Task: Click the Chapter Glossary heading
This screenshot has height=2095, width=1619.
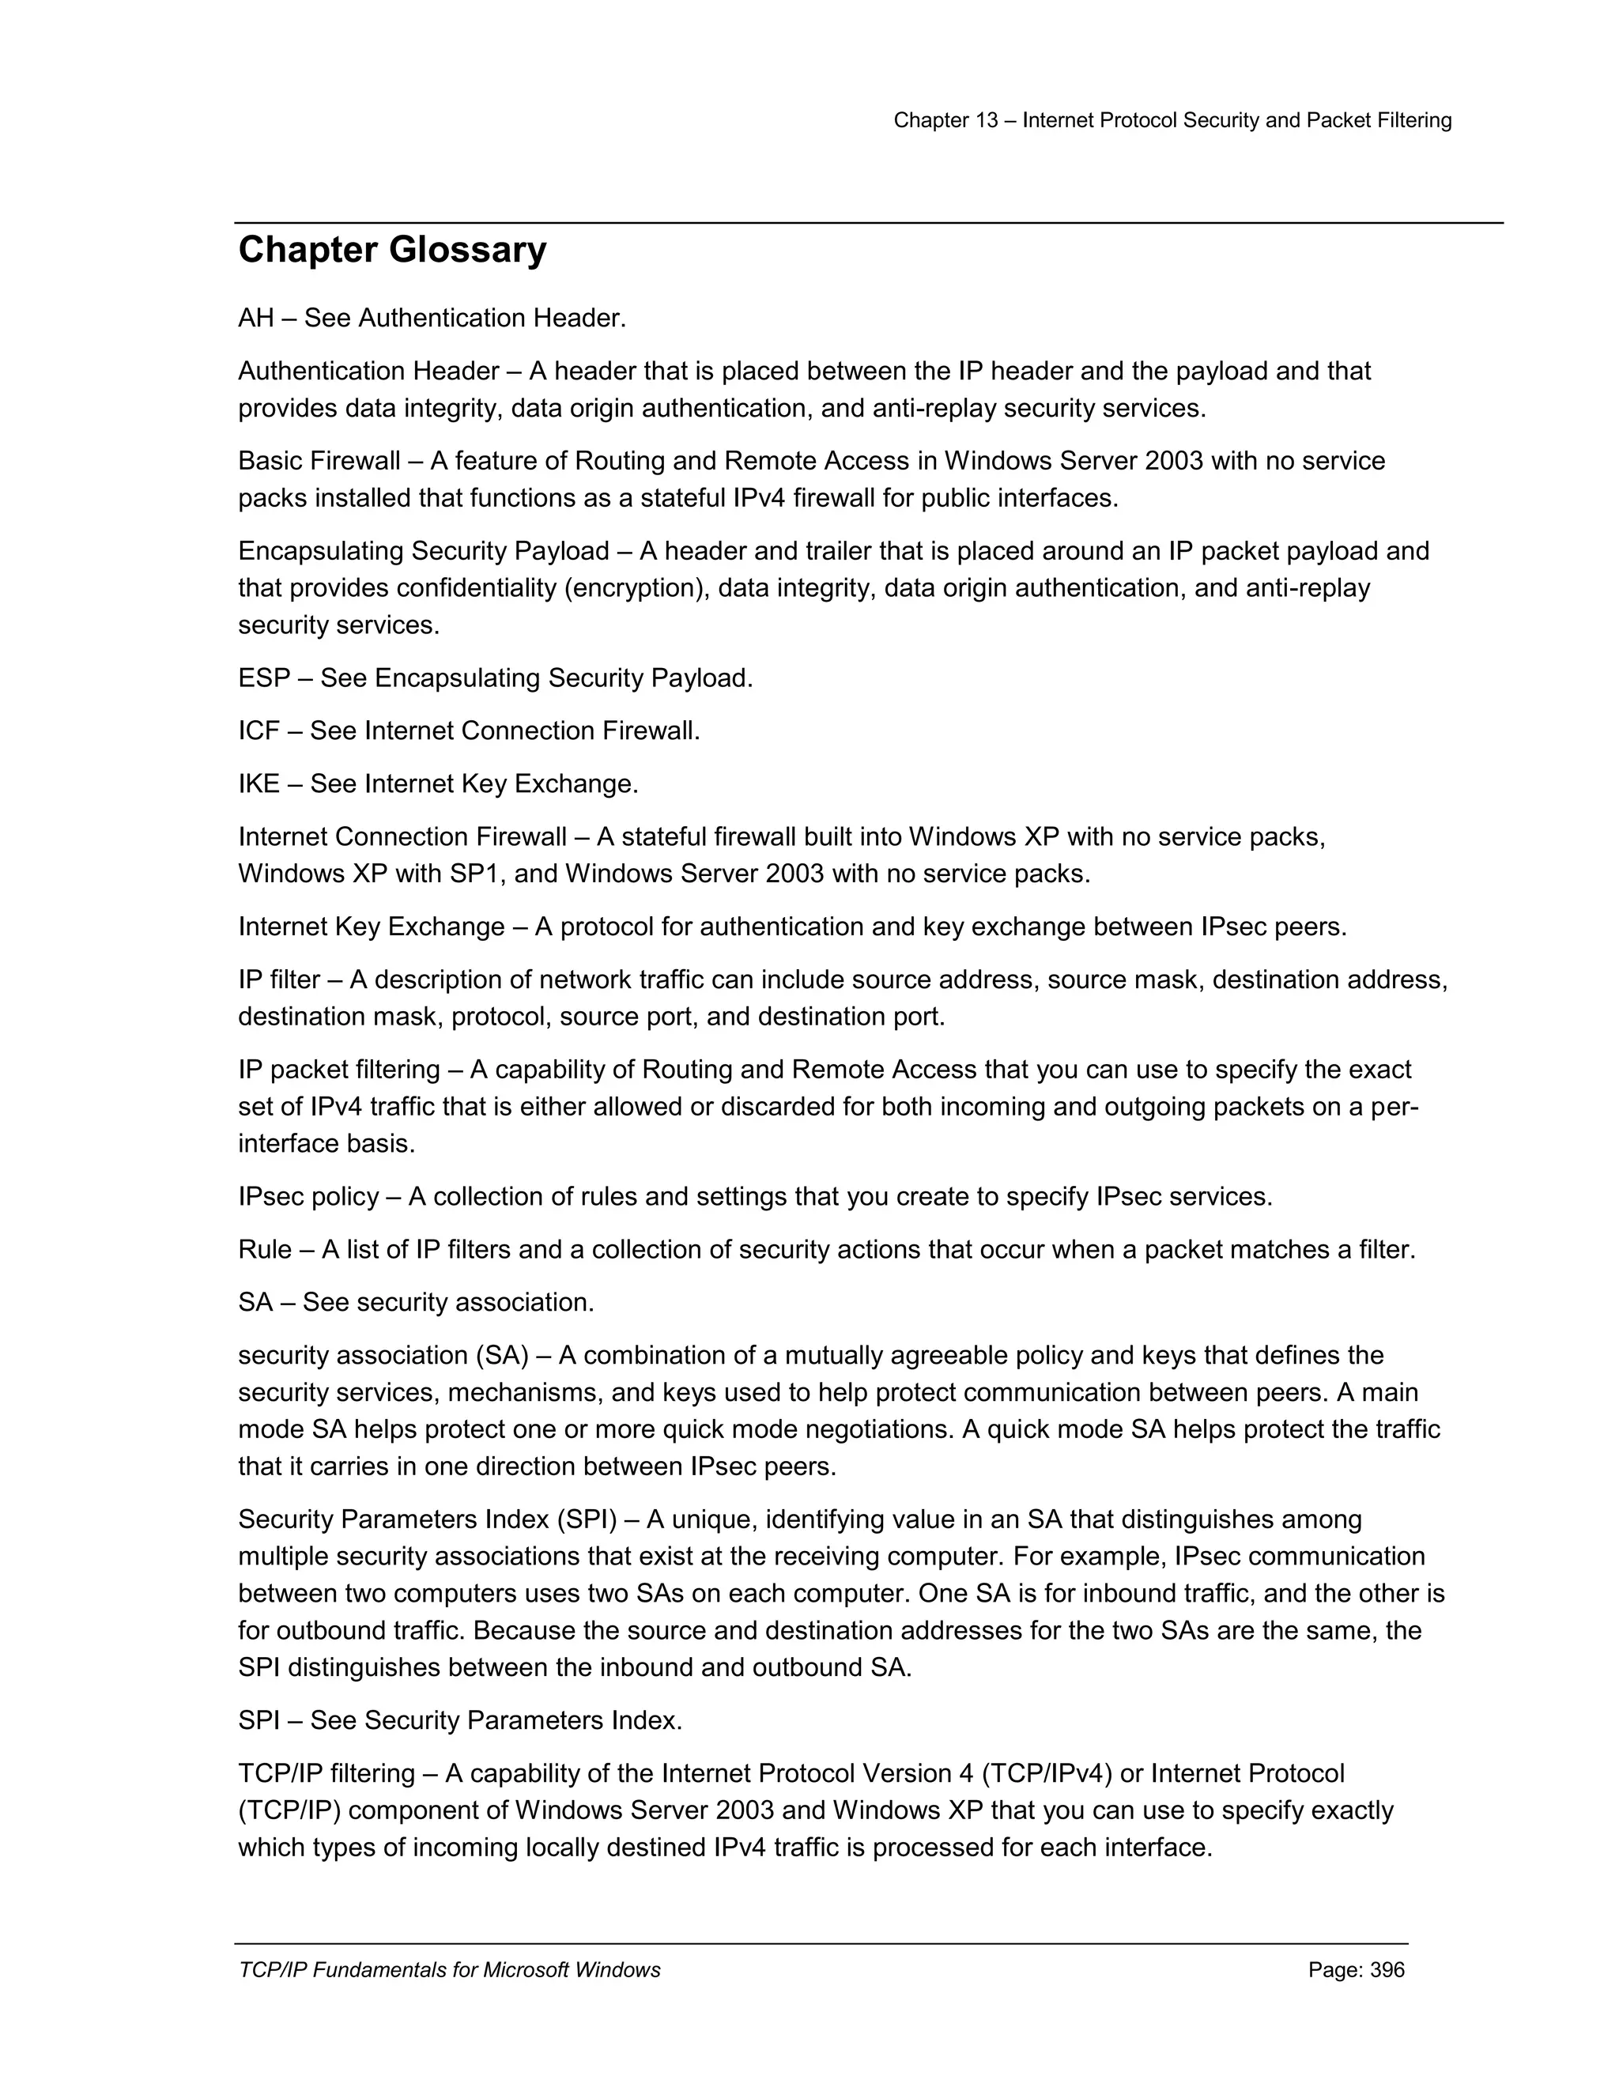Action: coord(392,251)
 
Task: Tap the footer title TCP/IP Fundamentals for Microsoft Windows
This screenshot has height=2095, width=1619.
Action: coord(449,1970)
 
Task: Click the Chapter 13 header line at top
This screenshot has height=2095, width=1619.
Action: coord(1172,120)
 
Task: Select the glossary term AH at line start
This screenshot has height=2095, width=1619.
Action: coord(256,319)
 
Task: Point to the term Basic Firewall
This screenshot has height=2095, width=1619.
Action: coord(319,462)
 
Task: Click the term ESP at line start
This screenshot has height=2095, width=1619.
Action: coord(264,678)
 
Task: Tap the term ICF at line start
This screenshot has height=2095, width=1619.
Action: coord(258,731)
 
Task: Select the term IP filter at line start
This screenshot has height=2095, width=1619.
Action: coord(279,980)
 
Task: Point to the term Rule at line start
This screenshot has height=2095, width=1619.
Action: coord(265,1250)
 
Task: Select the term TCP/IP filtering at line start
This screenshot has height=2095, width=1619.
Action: coord(326,1774)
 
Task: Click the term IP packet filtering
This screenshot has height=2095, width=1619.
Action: coord(338,1070)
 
